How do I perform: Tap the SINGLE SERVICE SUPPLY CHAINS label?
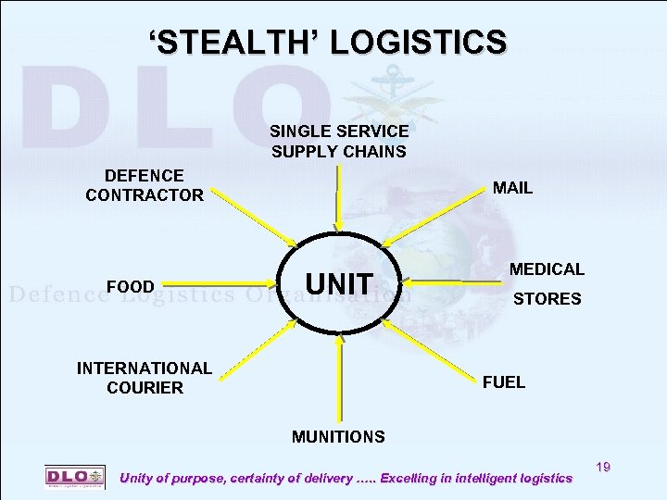[x=339, y=142]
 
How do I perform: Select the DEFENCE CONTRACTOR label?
[x=145, y=185]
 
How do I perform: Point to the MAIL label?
[x=512, y=188]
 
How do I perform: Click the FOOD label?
[x=131, y=286]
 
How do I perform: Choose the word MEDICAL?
[x=547, y=269]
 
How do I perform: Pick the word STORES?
[x=547, y=299]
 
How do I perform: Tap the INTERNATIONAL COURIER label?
[x=145, y=378]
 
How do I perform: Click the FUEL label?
[x=504, y=381]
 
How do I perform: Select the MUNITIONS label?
[x=338, y=435]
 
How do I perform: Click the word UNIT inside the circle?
[x=339, y=284]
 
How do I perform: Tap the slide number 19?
[x=602, y=469]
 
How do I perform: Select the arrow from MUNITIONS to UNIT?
[x=340, y=380]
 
